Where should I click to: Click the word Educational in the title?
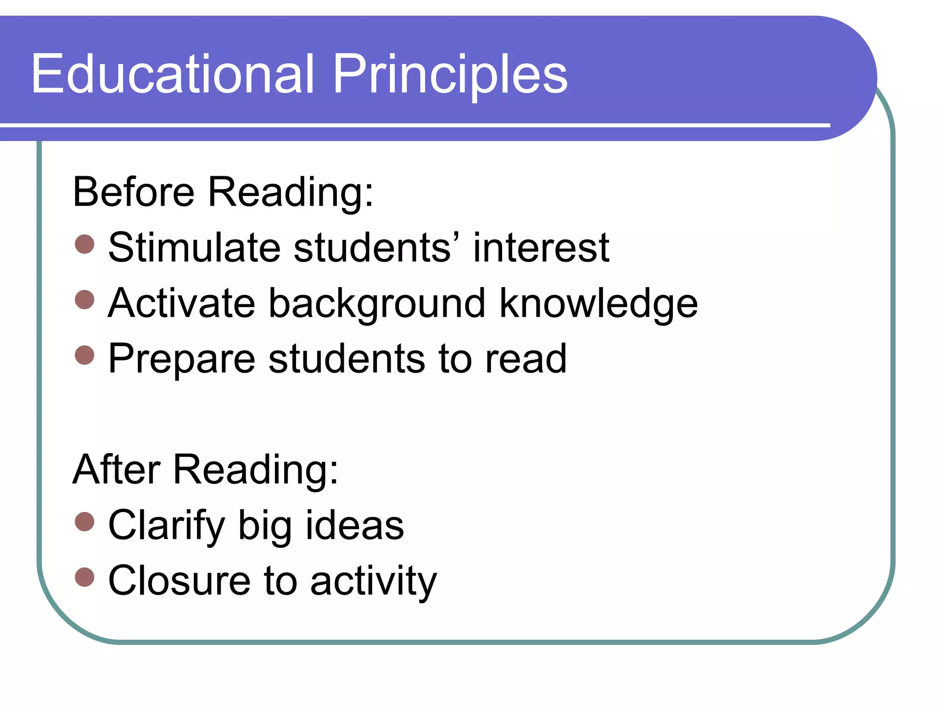[x=173, y=74]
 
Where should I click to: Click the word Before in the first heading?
[x=134, y=192]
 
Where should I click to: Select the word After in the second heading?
[x=117, y=470]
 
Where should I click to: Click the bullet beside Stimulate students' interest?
[x=84, y=244]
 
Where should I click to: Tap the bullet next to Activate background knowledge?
[x=84, y=300]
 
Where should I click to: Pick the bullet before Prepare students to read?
[x=84, y=355]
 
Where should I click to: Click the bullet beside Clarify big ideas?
[x=84, y=522]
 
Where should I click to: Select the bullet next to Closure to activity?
[x=84, y=577]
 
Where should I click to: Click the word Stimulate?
[x=194, y=248]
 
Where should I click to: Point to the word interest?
[x=541, y=248]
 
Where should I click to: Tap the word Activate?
[x=181, y=303]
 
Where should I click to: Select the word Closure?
[x=179, y=581]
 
